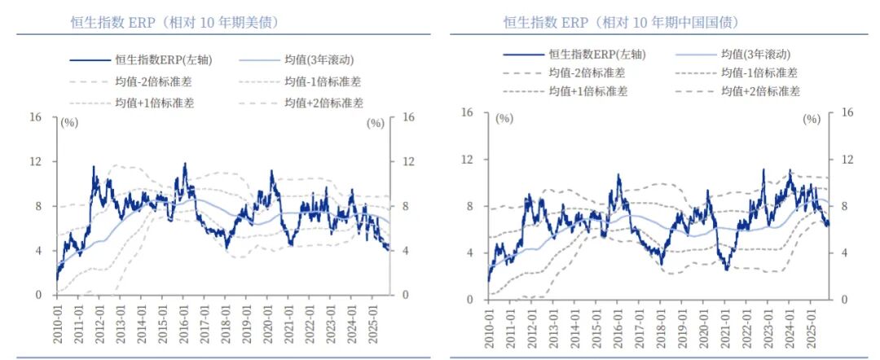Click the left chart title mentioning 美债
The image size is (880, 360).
coord(174,22)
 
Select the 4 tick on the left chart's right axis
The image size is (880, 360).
coord(408,251)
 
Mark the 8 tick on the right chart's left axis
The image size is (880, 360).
coord(468,207)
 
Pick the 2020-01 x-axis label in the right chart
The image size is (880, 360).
coord(705,326)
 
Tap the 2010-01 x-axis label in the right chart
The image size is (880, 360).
coord(490,326)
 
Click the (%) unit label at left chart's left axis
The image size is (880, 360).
coord(68,123)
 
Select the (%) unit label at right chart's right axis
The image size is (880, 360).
coord(812,119)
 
